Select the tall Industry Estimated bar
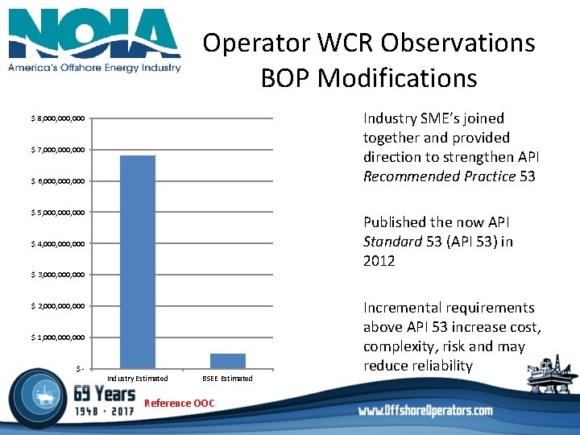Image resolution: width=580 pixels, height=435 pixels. pyautogui.click(x=138, y=261)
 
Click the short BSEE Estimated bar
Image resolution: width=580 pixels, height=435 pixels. pyautogui.click(x=228, y=360)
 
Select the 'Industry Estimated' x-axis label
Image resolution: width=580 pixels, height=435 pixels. pyautogui.click(x=138, y=379)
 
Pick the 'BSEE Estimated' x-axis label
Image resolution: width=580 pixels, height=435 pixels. pyautogui.click(x=227, y=379)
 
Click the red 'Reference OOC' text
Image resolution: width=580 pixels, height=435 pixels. pyautogui.click(x=179, y=403)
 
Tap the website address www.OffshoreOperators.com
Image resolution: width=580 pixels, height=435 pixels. pyautogui.click(x=425, y=410)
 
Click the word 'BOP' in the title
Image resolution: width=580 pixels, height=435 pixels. pyautogui.click(x=287, y=78)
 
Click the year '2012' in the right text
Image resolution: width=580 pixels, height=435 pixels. pyautogui.click(x=379, y=260)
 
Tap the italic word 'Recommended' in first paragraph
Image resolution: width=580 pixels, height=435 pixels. pyautogui.click(x=410, y=176)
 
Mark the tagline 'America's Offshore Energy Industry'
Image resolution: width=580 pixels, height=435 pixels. pyautogui.click(x=94, y=68)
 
